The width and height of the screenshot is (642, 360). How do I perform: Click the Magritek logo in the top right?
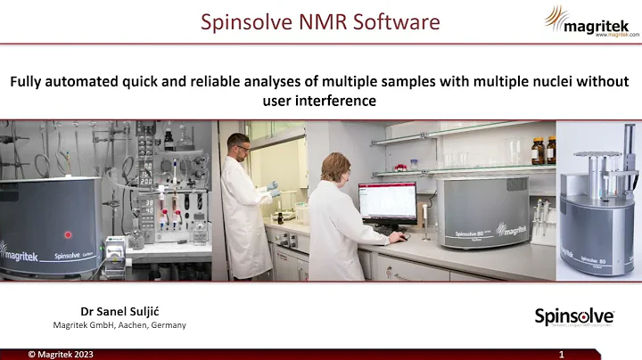pyautogui.click(x=591, y=20)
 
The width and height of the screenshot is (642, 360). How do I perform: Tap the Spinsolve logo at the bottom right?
pyautogui.click(x=573, y=316)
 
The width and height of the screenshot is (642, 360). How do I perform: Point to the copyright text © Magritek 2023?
pyautogui.click(x=60, y=354)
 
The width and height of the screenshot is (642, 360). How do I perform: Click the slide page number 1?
pyautogui.click(x=561, y=354)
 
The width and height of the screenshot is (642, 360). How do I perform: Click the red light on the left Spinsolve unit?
pyautogui.click(x=67, y=235)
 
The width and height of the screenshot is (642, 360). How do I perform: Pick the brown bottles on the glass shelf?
pyautogui.click(x=544, y=150)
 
